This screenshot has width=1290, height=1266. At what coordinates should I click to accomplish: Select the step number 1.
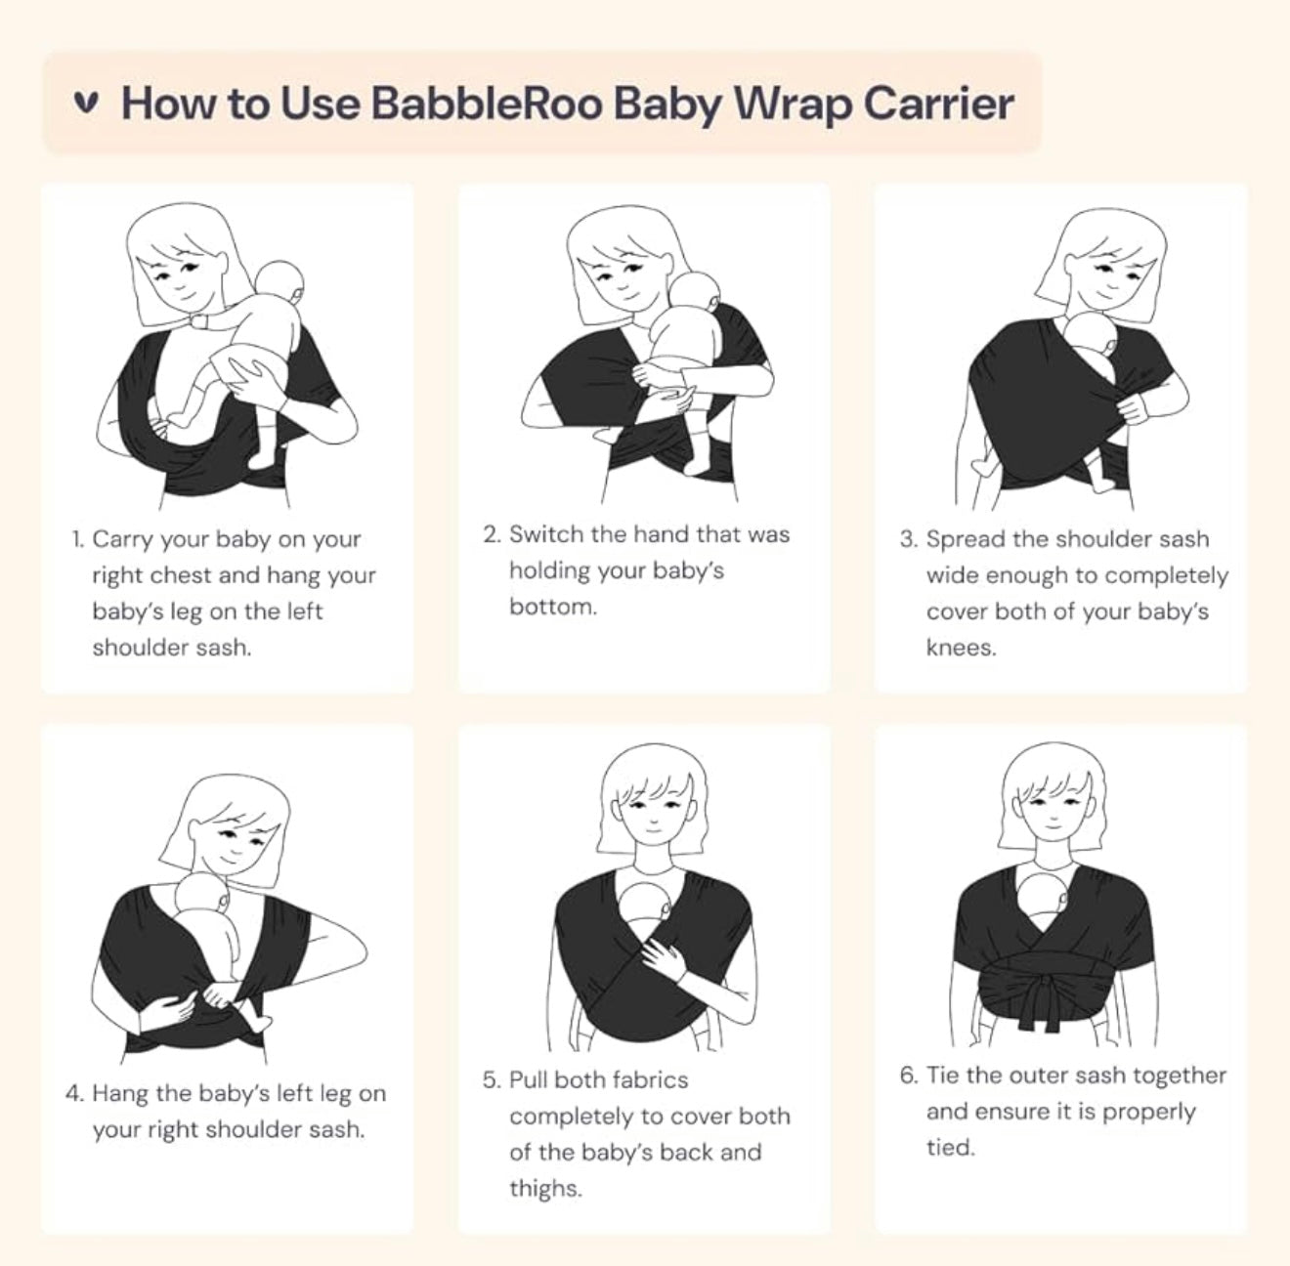pyautogui.click(x=78, y=539)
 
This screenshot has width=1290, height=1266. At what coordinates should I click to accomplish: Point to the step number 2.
pyautogui.click(x=492, y=534)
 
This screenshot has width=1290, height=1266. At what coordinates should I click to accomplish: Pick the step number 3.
pyautogui.click(x=909, y=539)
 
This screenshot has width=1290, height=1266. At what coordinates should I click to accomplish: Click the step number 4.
pyautogui.click(x=74, y=1093)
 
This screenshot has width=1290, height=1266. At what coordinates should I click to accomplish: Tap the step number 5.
pyautogui.click(x=492, y=1080)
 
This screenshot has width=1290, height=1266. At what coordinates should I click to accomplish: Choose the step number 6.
pyautogui.click(x=909, y=1076)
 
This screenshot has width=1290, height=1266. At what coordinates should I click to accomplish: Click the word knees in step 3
pyautogui.click(x=962, y=648)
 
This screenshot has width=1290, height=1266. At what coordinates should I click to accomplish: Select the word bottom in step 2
pyautogui.click(x=552, y=607)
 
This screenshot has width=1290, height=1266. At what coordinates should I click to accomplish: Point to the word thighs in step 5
pyautogui.click(x=545, y=1189)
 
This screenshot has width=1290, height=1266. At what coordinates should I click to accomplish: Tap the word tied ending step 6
pyautogui.click(x=951, y=1148)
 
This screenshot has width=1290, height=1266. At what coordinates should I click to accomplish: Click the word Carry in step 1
pyautogui.click(x=123, y=540)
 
